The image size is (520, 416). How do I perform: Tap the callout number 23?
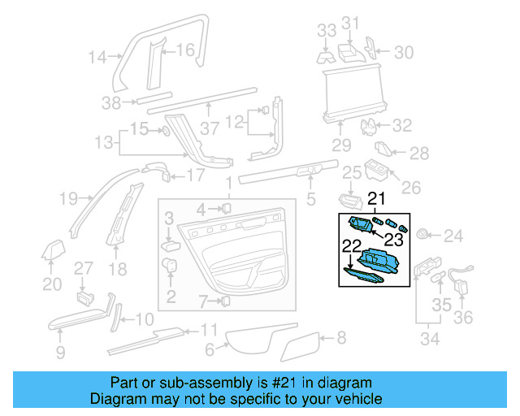pyautogui.click(x=393, y=239)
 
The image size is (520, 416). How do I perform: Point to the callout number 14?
pyautogui.click(x=97, y=57)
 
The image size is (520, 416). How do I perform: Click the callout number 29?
pyautogui.click(x=340, y=145)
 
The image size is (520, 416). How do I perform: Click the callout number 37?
pyautogui.click(x=210, y=128)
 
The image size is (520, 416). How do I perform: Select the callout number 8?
pyautogui.click(x=341, y=336)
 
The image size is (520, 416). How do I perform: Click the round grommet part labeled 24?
pyautogui.click(x=422, y=235)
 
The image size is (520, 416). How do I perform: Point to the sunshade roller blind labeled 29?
pyautogui.click(x=353, y=93)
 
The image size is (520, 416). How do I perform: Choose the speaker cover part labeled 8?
pyautogui.click(x=301, y=345)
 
